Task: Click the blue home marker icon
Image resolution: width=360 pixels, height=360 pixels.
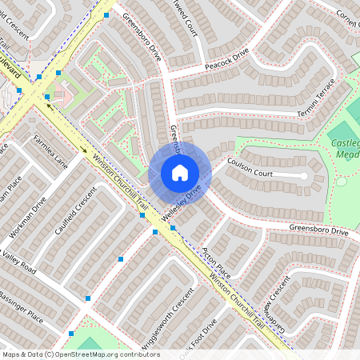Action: [x=180, y=173]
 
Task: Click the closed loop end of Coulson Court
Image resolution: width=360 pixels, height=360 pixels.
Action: [x=304, y=174]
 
